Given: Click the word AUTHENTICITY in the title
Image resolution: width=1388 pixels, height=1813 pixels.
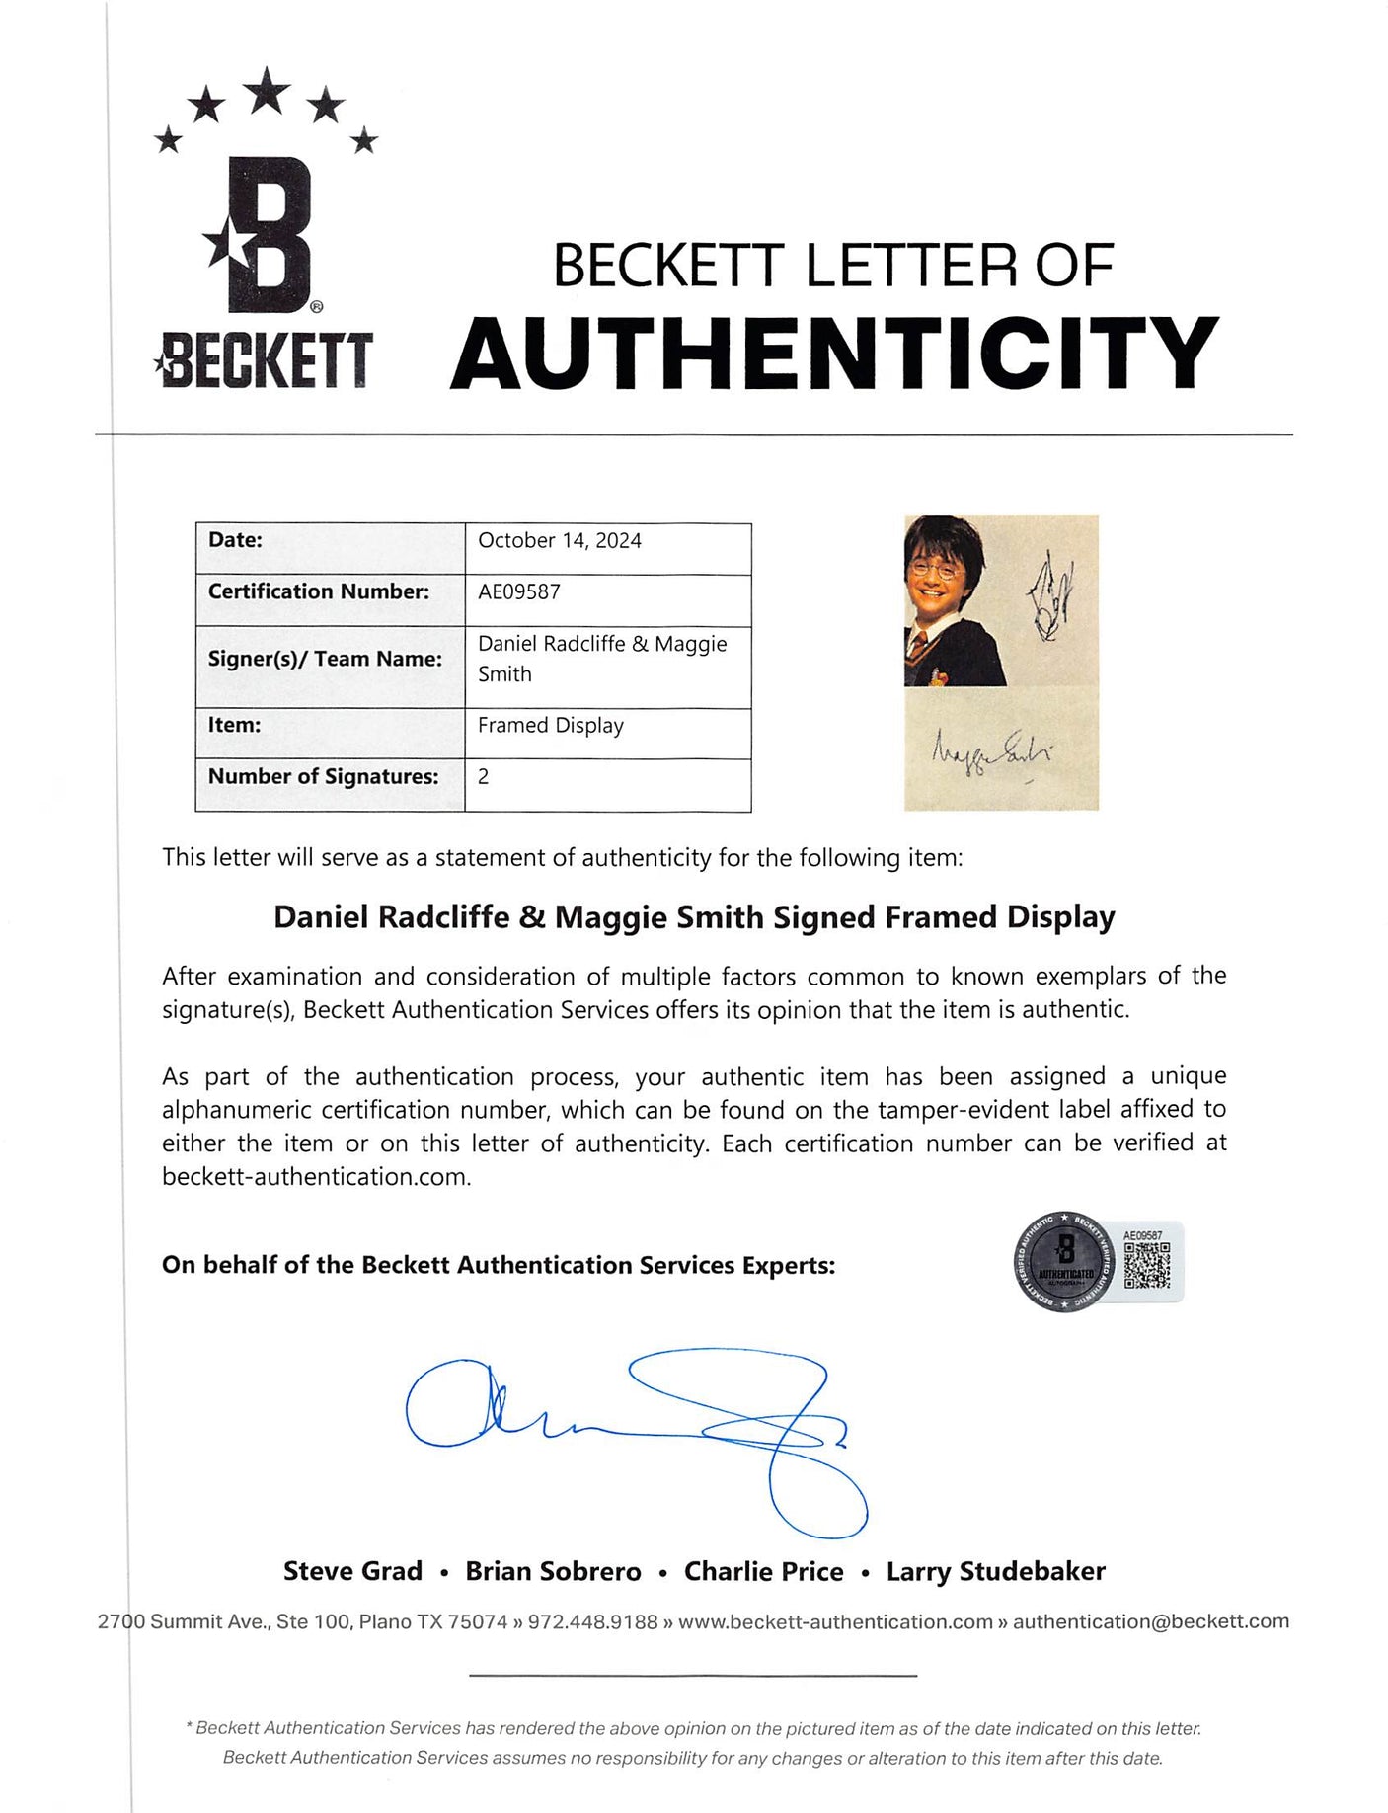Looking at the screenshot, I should (834, 354).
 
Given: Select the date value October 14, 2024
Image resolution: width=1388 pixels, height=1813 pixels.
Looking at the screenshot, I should (560, 541).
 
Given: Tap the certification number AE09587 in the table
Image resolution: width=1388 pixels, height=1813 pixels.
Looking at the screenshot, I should (519, 592).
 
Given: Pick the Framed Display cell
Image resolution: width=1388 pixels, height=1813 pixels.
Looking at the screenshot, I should (551, 726).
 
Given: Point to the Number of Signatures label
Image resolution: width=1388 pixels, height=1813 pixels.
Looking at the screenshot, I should (323, 777).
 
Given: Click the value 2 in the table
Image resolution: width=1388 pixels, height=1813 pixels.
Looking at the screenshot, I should (484, 777).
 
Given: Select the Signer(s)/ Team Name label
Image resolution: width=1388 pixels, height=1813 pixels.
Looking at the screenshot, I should (325, 660).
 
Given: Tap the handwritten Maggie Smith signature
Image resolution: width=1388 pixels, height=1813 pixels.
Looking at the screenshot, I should (992, 750).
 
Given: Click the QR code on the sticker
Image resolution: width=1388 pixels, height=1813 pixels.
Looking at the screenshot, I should (1146, 1265).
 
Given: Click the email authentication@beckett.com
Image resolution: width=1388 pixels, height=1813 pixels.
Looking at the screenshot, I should (1150, 1622).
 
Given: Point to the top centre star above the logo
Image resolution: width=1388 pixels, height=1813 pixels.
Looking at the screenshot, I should (267, 91).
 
